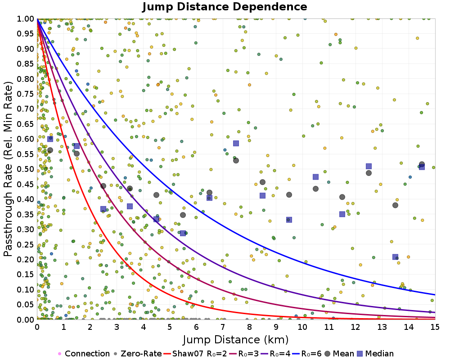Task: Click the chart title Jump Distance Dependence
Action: tap(225, 7)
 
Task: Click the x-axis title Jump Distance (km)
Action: tap(236, 339)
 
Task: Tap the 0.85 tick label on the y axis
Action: tap(26, 63)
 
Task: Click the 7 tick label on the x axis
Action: tap(223, 327)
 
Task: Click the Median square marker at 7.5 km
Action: tap(236, 144)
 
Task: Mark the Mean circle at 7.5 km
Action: tap(236, 160)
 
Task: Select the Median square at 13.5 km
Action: tap(395, 257)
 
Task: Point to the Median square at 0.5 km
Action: tap(50, 139)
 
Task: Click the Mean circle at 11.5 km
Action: tap(342, 197)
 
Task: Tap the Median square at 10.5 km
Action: tap(315, 177)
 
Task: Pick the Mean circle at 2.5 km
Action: tap(103, 186)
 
